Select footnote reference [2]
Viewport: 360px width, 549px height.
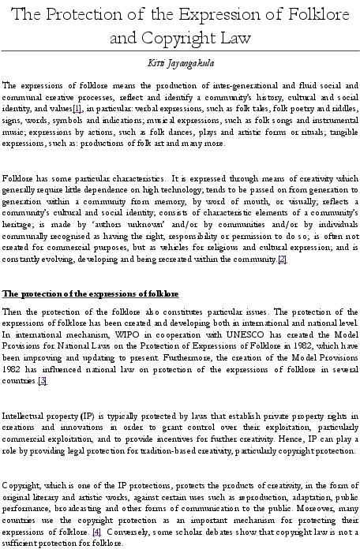click(282, 259)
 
